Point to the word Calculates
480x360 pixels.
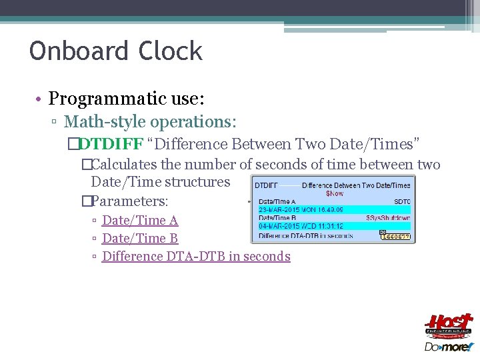tap(134, 164)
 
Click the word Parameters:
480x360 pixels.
tap(129, 200)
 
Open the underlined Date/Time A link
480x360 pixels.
tap(140, 220)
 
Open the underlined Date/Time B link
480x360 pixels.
tap(140, 238)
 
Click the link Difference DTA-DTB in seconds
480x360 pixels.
tap(196, 256)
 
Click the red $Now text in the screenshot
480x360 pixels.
tap(335, 193)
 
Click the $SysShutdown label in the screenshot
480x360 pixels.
tap(389, 218)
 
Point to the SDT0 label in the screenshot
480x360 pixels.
tap(402, 201)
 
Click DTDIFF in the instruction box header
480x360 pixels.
tap(267, 185)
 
